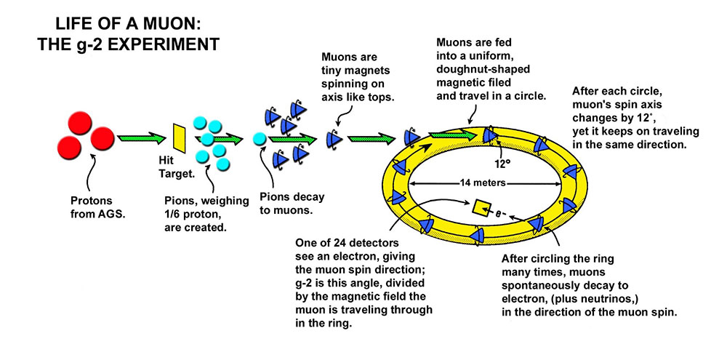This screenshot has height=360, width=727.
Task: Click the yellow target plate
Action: coord(178,137)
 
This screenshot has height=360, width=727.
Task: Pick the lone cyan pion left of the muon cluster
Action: coord(257,138)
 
